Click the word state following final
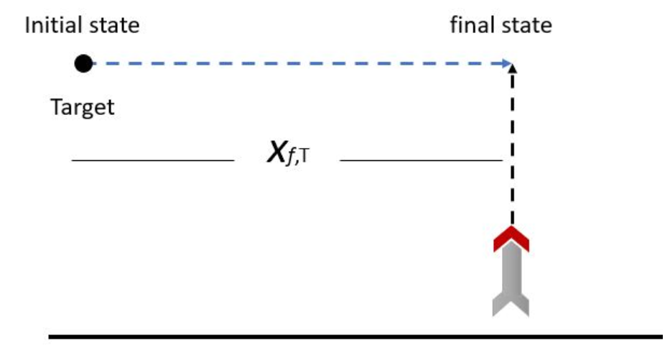tap(524, 27)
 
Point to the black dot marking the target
tap(83, 64)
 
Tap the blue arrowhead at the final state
tap(508, 63)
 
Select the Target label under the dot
tap(83, 109)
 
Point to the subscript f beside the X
tap(292, 160)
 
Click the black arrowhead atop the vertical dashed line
tap(512, 68)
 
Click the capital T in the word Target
tap(55, 109)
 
